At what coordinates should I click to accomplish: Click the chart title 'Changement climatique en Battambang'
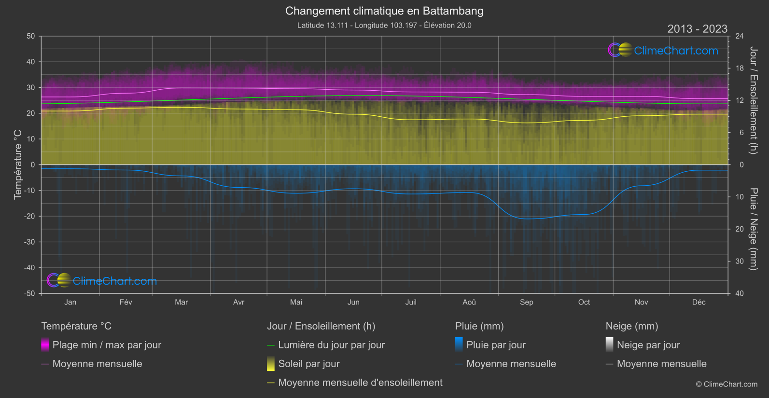click(384, 11)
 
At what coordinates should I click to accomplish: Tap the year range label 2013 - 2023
click(697, 29)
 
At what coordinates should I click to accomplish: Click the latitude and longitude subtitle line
click(384, 25)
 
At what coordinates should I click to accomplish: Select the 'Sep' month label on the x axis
click(526, 302)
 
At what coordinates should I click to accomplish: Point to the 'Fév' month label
click(126, 302)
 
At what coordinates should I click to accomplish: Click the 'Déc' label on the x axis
click(699, 302)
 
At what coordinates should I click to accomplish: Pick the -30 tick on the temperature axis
click(30, 242)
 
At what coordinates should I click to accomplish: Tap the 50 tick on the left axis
click(31, 36)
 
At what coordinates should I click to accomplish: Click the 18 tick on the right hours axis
click(740, 69)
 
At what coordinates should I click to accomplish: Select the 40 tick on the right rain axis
click(740, 293)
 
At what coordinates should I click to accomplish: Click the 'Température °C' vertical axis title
click(18, 165)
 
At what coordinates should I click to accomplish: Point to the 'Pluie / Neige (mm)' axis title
click(753, 229)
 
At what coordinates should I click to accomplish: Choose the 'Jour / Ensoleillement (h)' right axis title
click(753, 100)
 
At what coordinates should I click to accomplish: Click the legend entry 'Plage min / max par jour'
click(107, 345)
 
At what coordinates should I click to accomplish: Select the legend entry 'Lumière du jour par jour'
click(331, 345)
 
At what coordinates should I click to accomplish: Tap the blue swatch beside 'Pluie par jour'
click(459, 344)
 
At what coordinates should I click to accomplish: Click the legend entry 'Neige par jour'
click(648, 345)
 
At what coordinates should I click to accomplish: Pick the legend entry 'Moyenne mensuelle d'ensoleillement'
click(360, 383)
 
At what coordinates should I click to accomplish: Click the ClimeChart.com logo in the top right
click(663, 50)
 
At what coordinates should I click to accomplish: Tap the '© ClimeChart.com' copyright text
click(727, 384)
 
